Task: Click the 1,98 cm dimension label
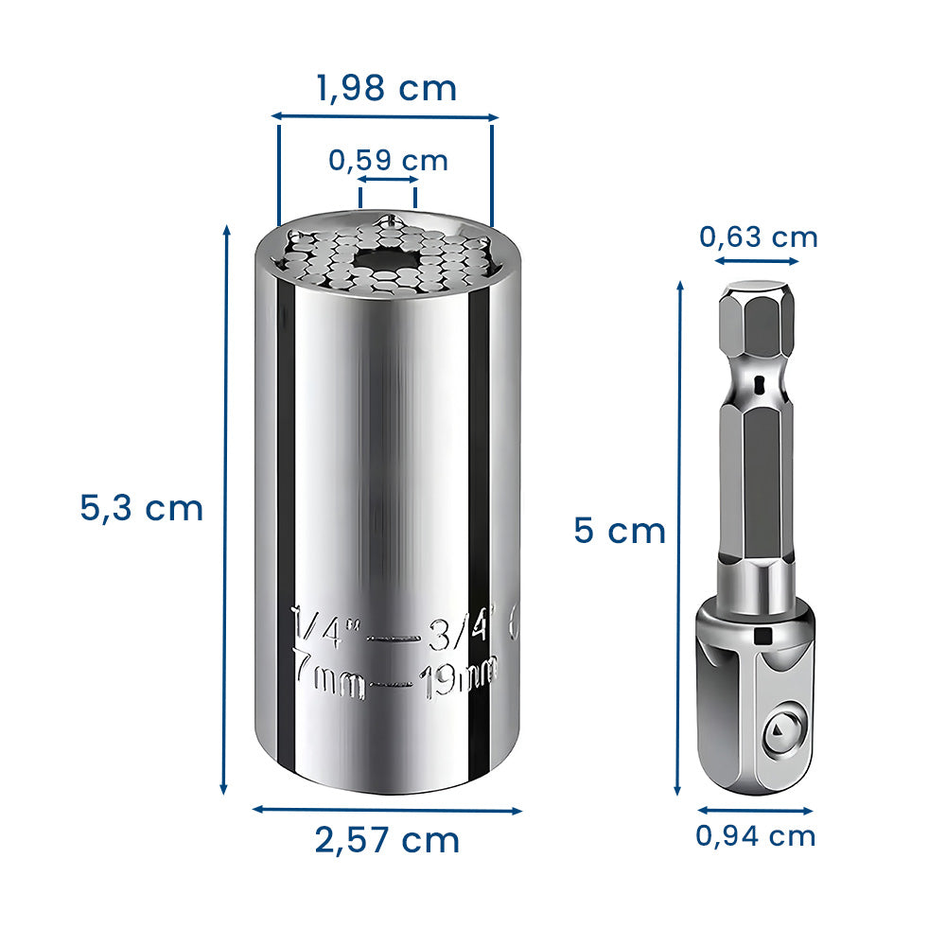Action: [387, 89]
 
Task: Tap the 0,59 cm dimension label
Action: [388, 161]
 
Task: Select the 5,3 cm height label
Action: [141, 508]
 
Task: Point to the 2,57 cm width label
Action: [387, 840]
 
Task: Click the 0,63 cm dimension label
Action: [759, 237]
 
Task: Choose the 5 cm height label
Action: [620, 531]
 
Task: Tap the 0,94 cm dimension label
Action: [755, 836]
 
